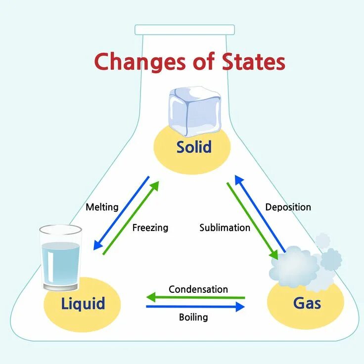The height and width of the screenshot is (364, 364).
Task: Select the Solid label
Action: tap(194, 147)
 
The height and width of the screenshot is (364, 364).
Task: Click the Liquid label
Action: tap(83, 303)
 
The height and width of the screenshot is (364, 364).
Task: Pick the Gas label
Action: tap(307, 303)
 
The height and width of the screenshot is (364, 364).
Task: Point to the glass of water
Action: tap(60, 257)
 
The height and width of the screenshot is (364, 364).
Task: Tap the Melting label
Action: tap(102, 207)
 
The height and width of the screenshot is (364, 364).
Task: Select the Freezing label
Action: tap(150, 228)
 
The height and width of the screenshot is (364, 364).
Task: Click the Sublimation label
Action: tap(225, 228)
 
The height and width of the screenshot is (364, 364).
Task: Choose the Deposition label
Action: tap(288, 207)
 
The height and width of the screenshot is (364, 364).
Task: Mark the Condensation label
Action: tap(198, 289)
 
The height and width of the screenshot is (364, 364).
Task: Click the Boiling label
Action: tap(193, 317)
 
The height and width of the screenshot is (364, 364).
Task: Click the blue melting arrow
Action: tap(122, 213)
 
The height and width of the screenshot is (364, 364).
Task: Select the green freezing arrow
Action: tap(132, 217)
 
